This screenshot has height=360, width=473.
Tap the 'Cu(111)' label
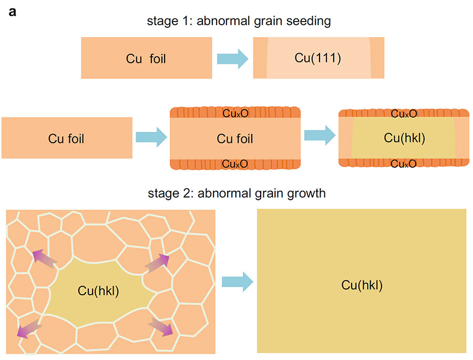coord(318,58)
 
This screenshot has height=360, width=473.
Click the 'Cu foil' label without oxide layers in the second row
coord(66,139)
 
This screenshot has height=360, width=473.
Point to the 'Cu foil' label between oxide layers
coord(235,139)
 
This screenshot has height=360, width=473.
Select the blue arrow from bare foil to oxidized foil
coord(151,137)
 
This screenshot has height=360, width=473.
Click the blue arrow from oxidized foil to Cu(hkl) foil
coord(320,135)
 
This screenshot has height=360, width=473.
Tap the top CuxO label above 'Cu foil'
coord(235,114)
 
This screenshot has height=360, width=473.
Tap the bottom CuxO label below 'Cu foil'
coord(235,164)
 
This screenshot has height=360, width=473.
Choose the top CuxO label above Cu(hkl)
coord(404,114)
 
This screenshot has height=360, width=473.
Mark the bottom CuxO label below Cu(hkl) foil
coord(404,163)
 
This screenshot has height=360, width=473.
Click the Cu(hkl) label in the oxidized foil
coord(404,138)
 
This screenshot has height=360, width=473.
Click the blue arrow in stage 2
coord(237,282)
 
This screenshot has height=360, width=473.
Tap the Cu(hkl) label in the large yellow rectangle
coord(362,285)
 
